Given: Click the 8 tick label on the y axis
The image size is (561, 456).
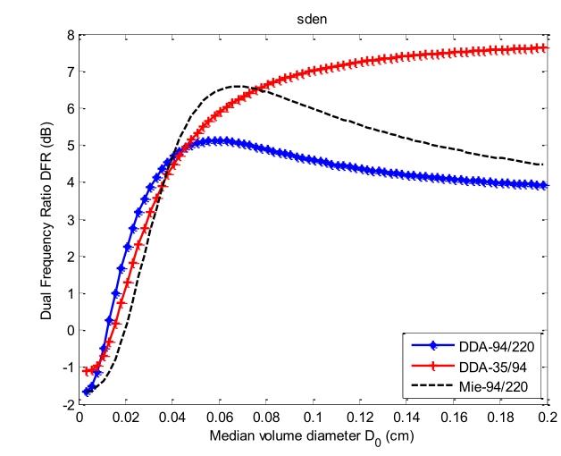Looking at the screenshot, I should point(66,35).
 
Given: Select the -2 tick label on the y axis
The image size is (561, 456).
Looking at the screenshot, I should point(64,404).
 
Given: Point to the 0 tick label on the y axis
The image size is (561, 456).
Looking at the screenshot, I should point(66,330).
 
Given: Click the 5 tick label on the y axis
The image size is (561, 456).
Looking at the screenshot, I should point(66,146).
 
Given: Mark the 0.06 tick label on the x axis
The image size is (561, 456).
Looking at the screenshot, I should point(219,418).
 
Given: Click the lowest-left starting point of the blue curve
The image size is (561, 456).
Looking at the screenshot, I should point(87,392).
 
